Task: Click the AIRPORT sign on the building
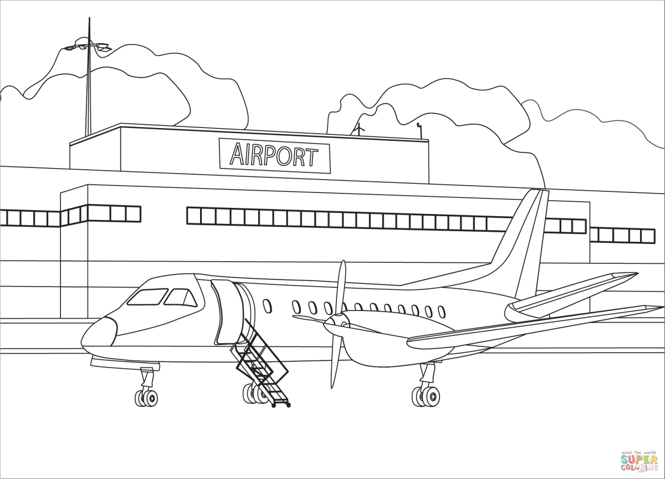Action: [275, 155]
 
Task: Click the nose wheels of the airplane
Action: [146, 397]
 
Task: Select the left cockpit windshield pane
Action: [147, 297]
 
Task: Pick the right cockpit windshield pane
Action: [181, 298]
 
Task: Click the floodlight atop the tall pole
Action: [87, 47]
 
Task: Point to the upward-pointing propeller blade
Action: [341, 286]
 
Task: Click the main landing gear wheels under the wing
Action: [426, 396]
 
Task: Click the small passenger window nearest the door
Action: [267, 305]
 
